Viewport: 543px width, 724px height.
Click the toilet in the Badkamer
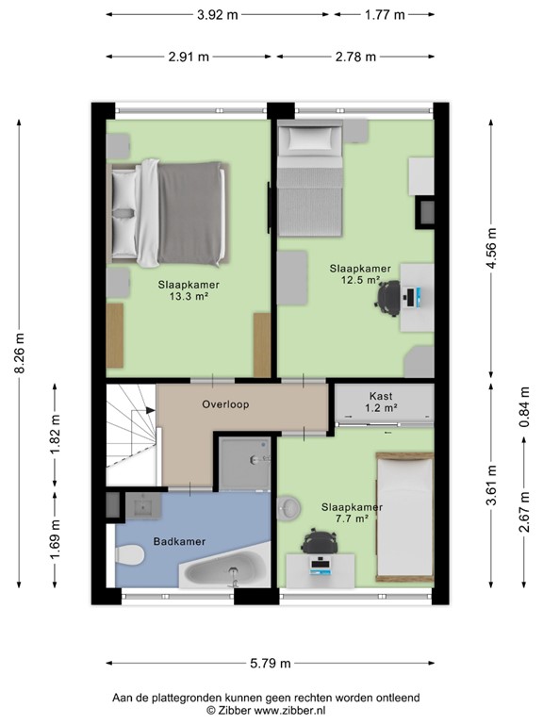click(x=128, y=554)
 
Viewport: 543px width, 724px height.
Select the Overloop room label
click(x=225, y=404)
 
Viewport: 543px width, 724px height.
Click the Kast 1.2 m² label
click(x=381, y=402)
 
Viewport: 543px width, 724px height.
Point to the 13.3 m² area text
click(x=189, y=296)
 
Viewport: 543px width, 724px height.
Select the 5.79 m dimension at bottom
click(x=271, y=664)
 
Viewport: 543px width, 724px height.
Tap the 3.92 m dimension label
click(x=218, y=15)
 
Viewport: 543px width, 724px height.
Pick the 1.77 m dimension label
click(x=385, y=15)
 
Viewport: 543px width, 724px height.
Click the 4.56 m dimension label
click(x=491, y=248)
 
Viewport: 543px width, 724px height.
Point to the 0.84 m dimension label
click(x=524, y=407)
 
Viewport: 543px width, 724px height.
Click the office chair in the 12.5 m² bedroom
click(x=387, y=298)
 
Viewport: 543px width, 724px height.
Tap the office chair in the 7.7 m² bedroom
click(x=320, y=541)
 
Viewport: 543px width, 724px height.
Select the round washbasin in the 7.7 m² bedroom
click(x=289, y=508)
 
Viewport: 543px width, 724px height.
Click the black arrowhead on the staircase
click(x=151, y=410)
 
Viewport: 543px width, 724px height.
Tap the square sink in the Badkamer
click(x=143, y=507)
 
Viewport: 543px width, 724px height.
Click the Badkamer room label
click(x=179, y=542)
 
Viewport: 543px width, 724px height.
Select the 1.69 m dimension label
click(x=56, y=539)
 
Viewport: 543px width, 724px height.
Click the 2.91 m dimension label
click(x=189, y=57)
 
